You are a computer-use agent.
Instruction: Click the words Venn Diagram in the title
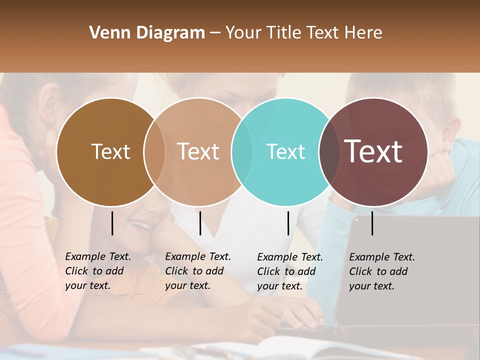[x=147, y=33]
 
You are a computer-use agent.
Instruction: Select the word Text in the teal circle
[x=285, y=151]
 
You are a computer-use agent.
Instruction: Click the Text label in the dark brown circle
[x=110, y=151]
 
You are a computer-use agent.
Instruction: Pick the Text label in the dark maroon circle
[x=373, y=151]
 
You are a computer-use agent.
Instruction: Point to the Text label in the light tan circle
[x=198, y=151]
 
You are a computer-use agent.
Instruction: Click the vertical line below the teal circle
[x=288, y=223]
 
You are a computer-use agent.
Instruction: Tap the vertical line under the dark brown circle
[x=112, y=223]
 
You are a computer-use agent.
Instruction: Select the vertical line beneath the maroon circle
[x=372, y=223]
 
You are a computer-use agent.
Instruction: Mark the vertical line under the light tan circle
[x=200, y=223]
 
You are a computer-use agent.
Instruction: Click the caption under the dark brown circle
[x=97, y=271]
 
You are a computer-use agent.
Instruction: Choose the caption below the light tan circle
[x=197, y=271]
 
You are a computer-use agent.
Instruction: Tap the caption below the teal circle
[x=289, y=271]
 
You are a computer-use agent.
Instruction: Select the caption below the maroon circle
[x=381, y=271]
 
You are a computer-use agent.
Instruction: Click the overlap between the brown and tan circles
[x=154, y=152]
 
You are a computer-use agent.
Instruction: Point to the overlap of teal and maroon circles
[x=329, y=152]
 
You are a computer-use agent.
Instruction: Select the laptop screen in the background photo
[x=410, y=270]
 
